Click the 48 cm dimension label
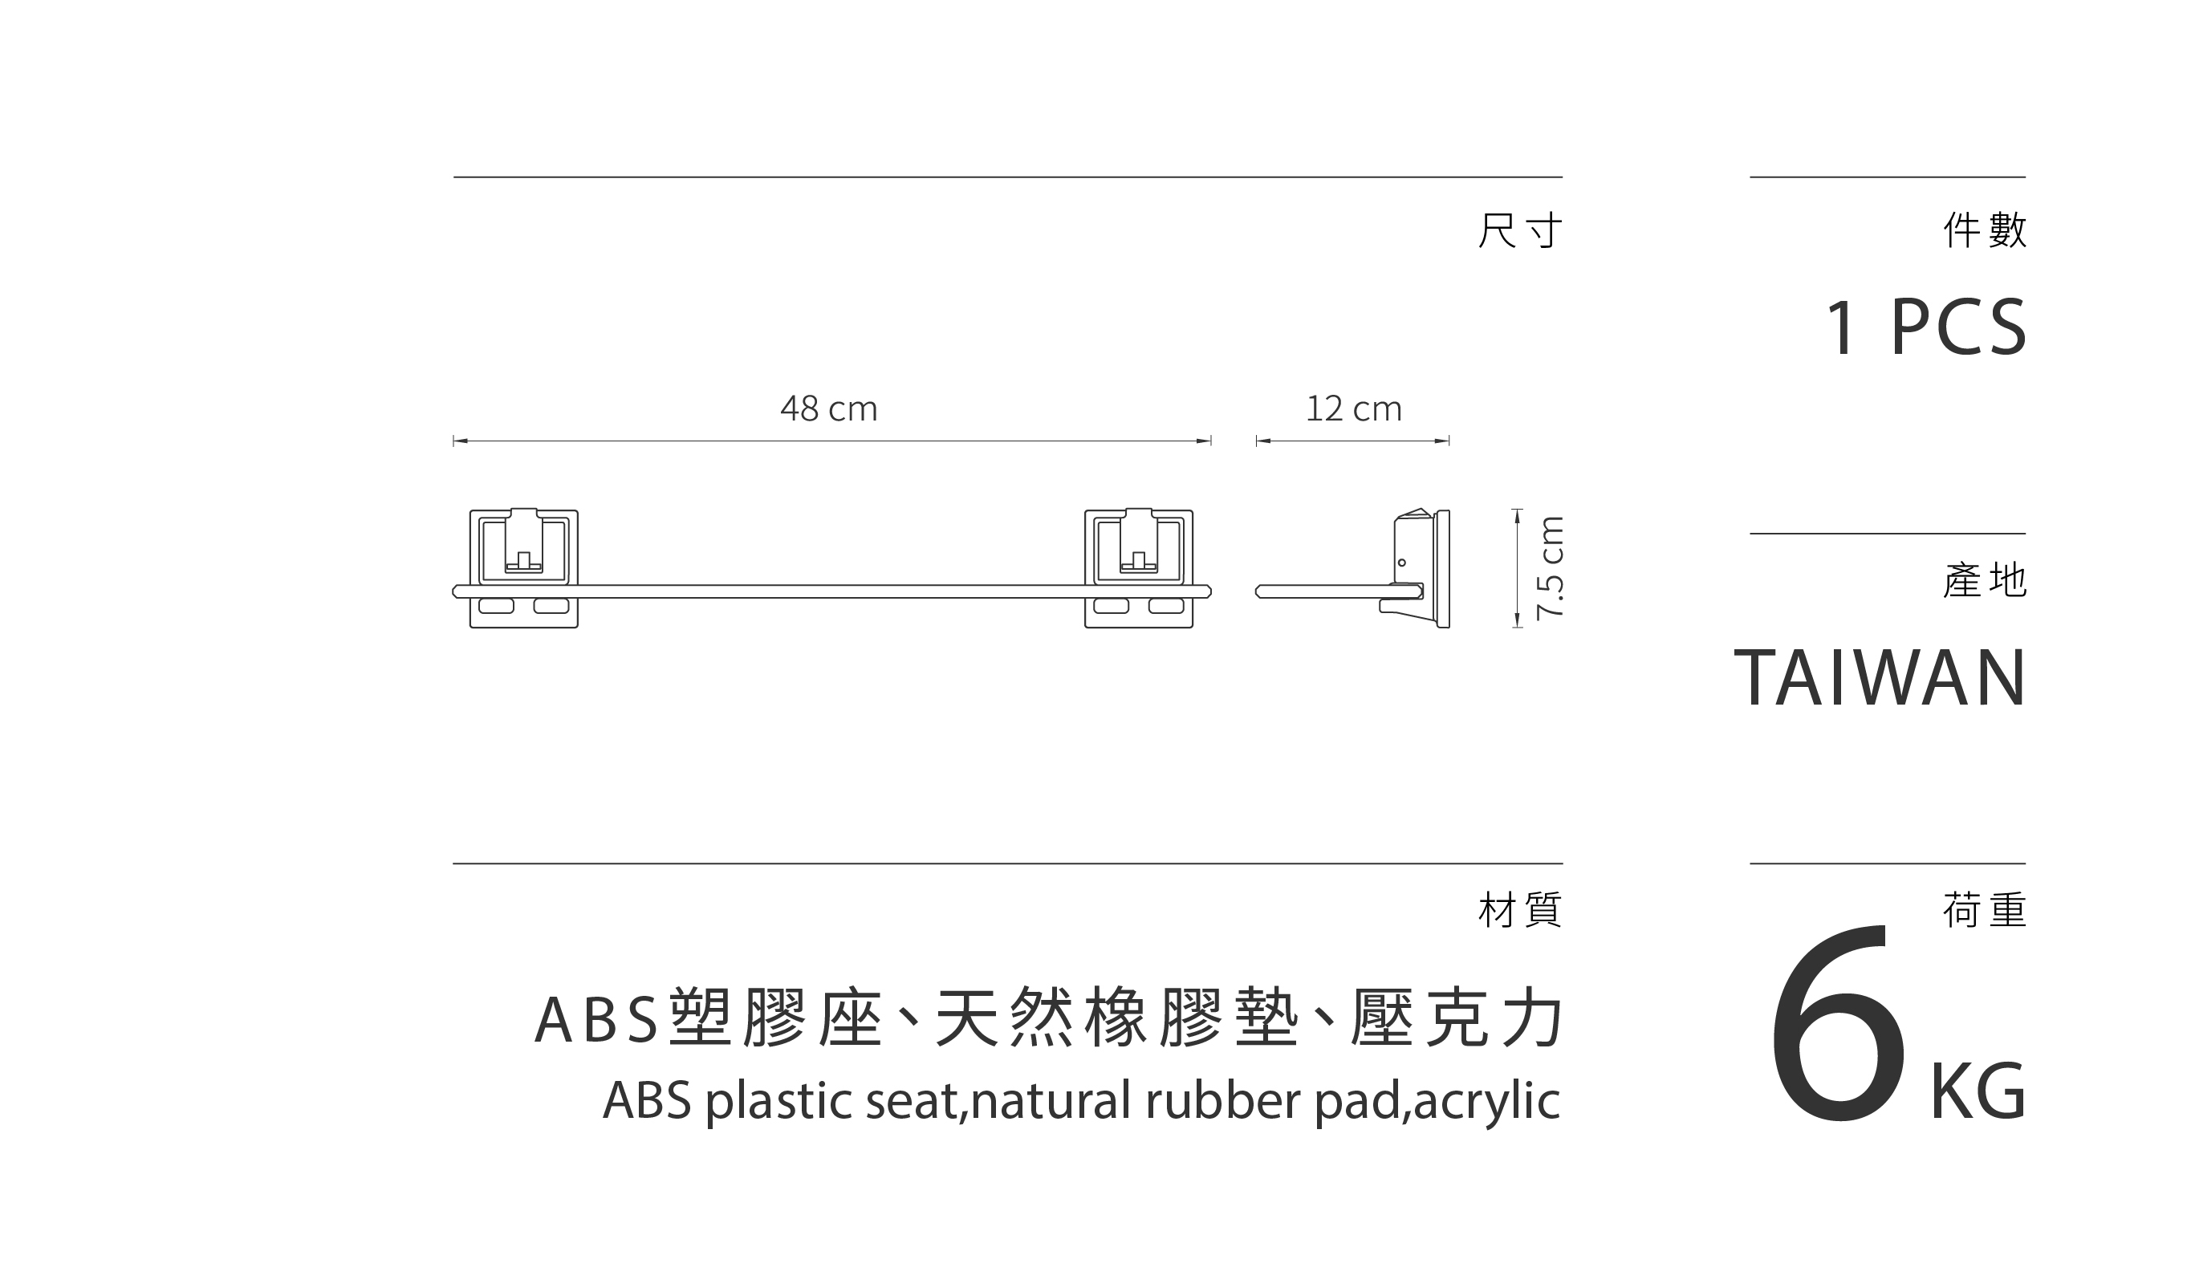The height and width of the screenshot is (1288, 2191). coord(828,408)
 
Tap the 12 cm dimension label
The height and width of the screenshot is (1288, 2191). coord(1354,408)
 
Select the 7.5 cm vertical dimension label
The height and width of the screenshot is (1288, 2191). coord(1549,568)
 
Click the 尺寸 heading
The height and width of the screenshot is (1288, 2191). coord(1520,230)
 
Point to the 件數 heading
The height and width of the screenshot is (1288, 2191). coord(1985,230)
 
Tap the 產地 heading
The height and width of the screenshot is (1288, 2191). coord(1985,580)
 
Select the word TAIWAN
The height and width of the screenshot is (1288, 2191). coord(1880,678)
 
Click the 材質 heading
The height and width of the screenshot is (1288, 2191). coord(1520,910)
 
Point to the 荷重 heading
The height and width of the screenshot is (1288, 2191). coord(1985,910)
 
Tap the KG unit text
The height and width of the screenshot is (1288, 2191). coord(1978,1092)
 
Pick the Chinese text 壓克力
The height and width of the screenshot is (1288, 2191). coord(1457,1018)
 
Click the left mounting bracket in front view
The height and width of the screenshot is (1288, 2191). coord(523,568)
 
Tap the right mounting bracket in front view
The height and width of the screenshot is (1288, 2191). coord(1138,568)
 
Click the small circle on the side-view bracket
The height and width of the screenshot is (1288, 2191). coord(1401,563)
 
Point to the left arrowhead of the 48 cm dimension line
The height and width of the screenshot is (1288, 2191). coord(461,441)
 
